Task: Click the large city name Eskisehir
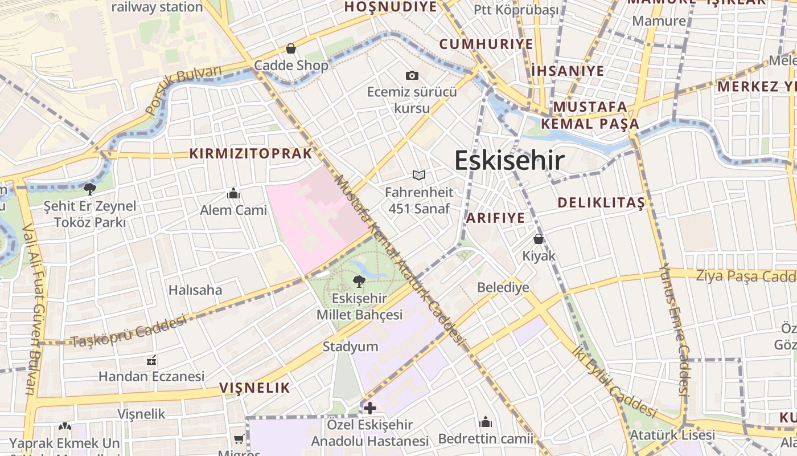510,161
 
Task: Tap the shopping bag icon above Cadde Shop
291,48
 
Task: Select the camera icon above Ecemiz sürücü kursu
412,75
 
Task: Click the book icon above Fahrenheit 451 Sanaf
419,175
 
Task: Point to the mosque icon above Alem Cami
233,194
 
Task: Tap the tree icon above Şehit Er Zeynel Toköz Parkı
89,189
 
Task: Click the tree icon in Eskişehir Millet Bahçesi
359,281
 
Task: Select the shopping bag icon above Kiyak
538,239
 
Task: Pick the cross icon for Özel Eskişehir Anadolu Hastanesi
369,408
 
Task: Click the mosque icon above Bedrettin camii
486,422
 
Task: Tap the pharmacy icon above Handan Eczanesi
151,360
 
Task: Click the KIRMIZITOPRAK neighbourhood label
251,153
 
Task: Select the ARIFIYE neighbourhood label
495,218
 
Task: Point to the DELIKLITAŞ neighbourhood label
601,202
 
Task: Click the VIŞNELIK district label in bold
254,388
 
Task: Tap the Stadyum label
350,347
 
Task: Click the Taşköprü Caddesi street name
129,331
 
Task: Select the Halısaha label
195,290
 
